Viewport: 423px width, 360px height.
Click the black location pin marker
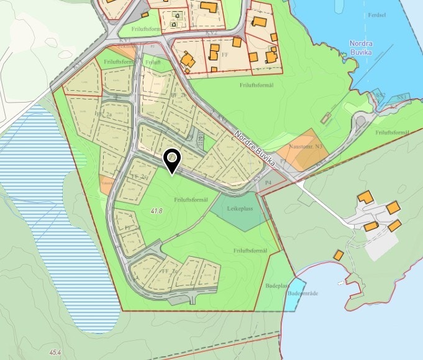171,160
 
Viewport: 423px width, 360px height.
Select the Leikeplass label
240,210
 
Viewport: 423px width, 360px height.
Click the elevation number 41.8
157,211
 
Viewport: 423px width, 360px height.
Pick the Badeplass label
276,286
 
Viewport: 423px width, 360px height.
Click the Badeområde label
304,292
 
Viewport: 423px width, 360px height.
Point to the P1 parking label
283,160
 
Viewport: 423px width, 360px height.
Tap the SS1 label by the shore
402,98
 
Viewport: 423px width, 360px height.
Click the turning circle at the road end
360,119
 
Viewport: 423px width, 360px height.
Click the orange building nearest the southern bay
339,255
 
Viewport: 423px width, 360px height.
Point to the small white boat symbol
341,284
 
